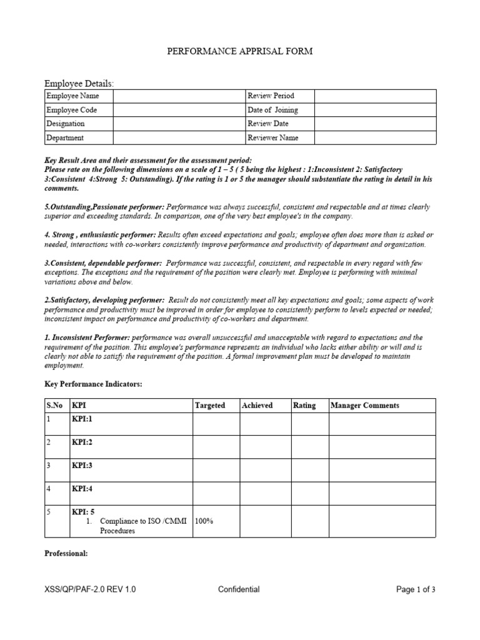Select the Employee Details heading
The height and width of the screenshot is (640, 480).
coord(79,83)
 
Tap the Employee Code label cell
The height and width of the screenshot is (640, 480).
coord(78,110)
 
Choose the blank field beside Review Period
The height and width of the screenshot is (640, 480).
coord(374,96)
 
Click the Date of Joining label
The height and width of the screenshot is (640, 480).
coord(272,110)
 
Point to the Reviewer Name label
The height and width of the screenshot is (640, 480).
coord(273,138)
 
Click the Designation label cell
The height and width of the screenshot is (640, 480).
coord(78,124)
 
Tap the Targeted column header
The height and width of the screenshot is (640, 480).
coord(210,406)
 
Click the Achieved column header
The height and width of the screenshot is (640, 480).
coord(257,406)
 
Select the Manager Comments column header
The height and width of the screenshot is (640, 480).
coord(365,406)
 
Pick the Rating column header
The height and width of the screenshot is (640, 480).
coord(304,406)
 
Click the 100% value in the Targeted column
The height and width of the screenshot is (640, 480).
coord(204,521)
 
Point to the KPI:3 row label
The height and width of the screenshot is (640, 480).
coord(81,466)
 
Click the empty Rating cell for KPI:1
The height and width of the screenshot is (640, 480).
coord(309,424)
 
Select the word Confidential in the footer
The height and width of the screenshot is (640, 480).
coord(239,589)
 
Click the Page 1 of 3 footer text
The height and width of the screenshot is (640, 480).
coord(416,589)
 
